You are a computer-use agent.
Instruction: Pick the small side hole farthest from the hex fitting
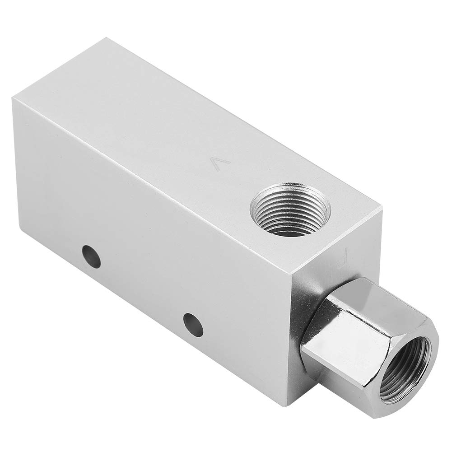coord(91,256)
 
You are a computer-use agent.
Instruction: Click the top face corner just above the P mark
coord(382,209)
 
